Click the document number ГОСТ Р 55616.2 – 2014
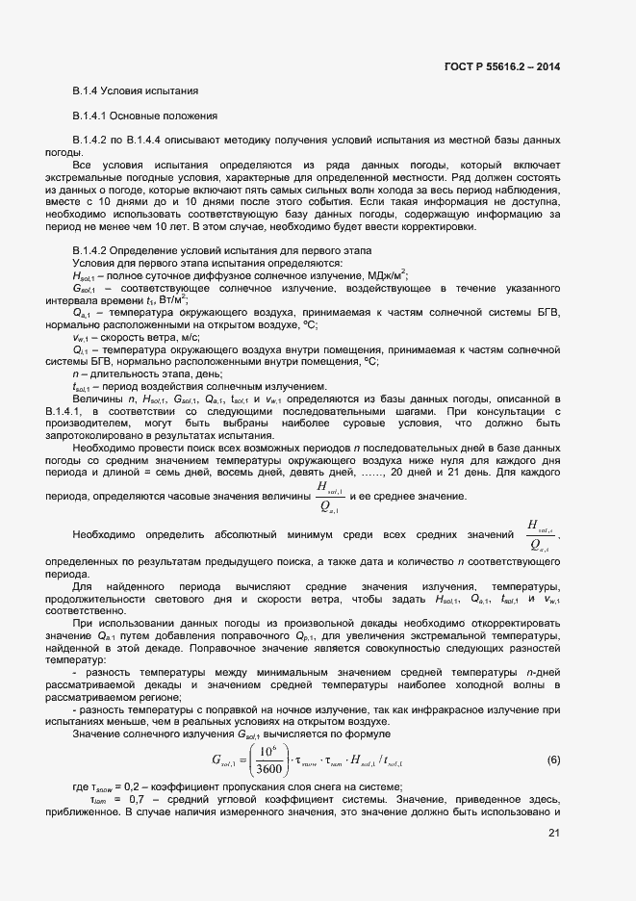pos(503,67)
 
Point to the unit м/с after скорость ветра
pos(187,338)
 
